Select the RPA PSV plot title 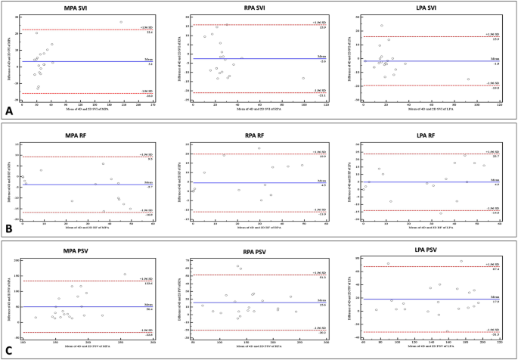point(256,250)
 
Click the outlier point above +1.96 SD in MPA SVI point(120,22)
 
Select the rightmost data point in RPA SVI point(303,78)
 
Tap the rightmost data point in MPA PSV point(125,275)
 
